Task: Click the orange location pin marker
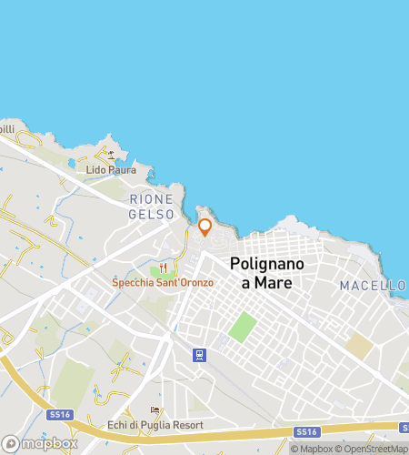tap(204, 226)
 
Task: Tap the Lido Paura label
tap(111, 170)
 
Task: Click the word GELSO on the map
tap(151, 213)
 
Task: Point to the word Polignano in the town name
tap(273, 264)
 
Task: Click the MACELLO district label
tap(373, 286)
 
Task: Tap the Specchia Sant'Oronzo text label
tap(163, 282)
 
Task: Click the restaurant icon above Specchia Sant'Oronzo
tap(164, 268)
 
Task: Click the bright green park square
tap(241, 327)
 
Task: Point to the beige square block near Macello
tap(360, 345)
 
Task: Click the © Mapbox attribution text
tap(312, 448)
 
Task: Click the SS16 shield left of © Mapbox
tap(305, 431)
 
